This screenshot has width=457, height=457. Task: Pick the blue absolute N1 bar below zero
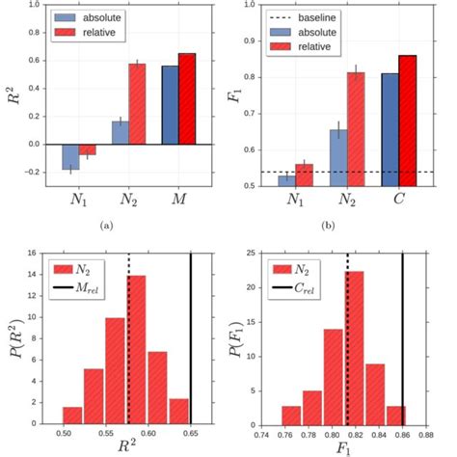[x=94, y=157]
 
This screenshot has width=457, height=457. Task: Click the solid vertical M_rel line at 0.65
[x=191, y=337]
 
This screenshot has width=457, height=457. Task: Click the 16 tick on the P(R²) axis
[x=42, y=255]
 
